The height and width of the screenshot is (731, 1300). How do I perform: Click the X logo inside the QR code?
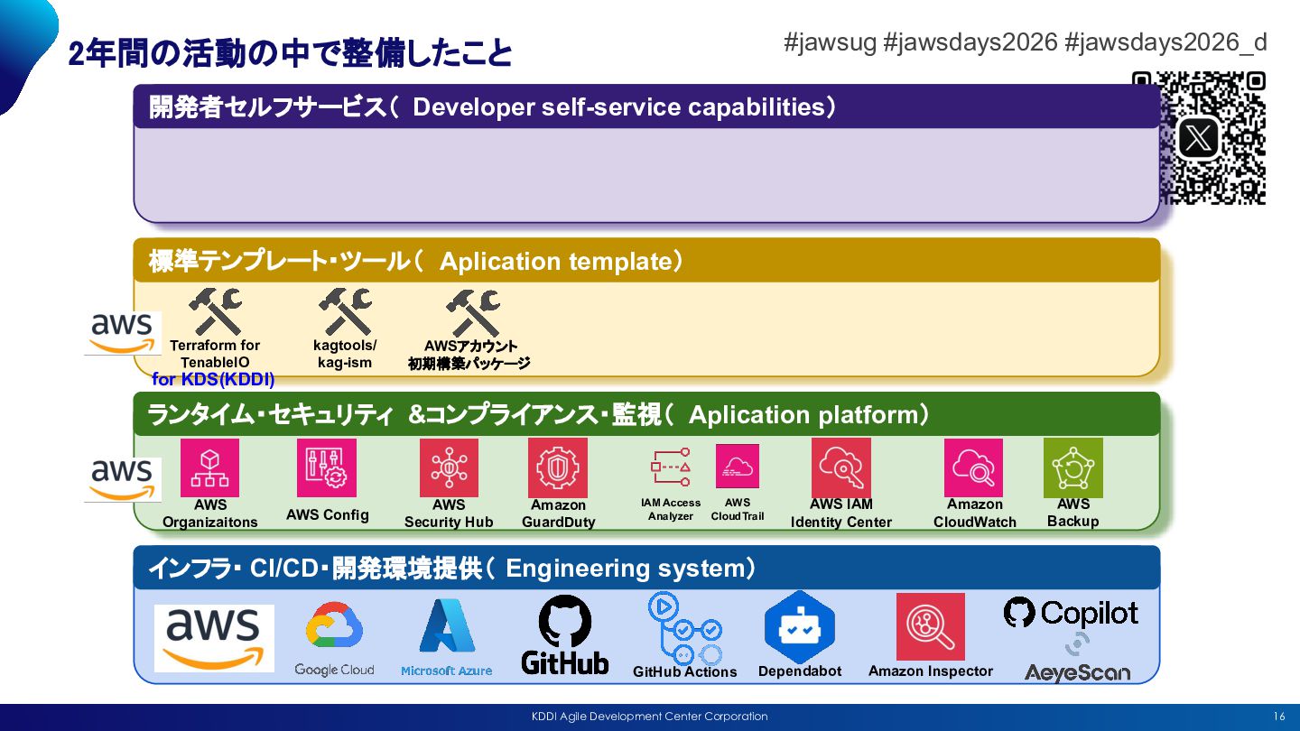pos(1199,139)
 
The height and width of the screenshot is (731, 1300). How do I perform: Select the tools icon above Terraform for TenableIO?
pos(215,311)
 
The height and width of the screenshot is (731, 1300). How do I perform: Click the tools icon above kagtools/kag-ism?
pos(345,311)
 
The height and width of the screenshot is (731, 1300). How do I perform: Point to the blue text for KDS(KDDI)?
pos(213,380)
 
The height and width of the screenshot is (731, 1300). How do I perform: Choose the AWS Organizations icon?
pos(209,467)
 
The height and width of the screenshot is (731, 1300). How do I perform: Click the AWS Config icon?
pos(327,467)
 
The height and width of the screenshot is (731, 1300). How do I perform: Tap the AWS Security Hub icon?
pos(449,467)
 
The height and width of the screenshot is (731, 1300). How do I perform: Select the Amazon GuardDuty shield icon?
pos(558,467)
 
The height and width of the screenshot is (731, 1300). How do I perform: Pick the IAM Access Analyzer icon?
pos(671,467)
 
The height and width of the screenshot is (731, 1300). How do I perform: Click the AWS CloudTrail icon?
pos(738,467)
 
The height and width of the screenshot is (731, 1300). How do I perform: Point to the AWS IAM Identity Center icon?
pos(840,467)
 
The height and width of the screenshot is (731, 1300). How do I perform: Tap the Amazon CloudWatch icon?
pos(974,467)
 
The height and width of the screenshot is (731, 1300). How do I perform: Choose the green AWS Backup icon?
pos(1073,467)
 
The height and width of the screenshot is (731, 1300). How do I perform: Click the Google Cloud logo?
pos(334,637)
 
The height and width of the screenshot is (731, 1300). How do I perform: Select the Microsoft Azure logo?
pos(447,637)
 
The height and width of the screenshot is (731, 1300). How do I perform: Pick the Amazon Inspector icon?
pos(930,626)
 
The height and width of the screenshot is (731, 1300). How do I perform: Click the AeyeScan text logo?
pos(1077,672)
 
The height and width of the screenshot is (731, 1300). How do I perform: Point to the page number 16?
pos(1278,717)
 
